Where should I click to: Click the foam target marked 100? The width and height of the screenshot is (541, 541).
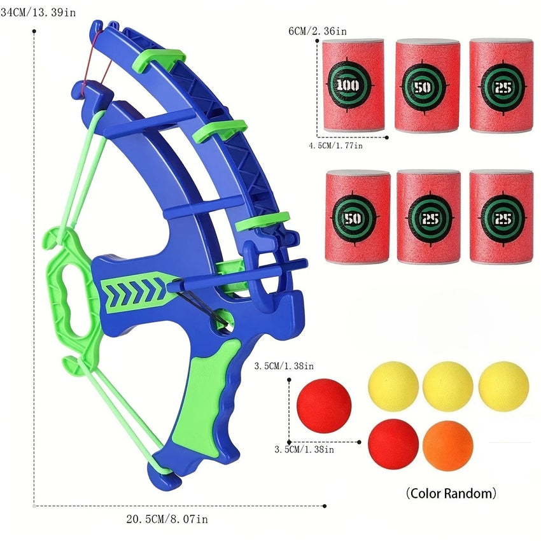(353, 85)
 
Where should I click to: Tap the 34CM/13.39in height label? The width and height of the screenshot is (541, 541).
(38, 13)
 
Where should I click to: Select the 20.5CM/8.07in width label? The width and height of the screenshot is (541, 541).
(167, 519)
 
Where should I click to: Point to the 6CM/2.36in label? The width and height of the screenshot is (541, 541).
(318, 31)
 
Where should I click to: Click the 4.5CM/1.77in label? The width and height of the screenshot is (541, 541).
(335, 146)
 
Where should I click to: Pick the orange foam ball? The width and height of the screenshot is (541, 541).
(447, 446)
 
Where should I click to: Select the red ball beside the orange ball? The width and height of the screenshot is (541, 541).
(393, 445)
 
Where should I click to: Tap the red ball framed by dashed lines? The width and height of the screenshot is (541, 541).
(324, 406)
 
